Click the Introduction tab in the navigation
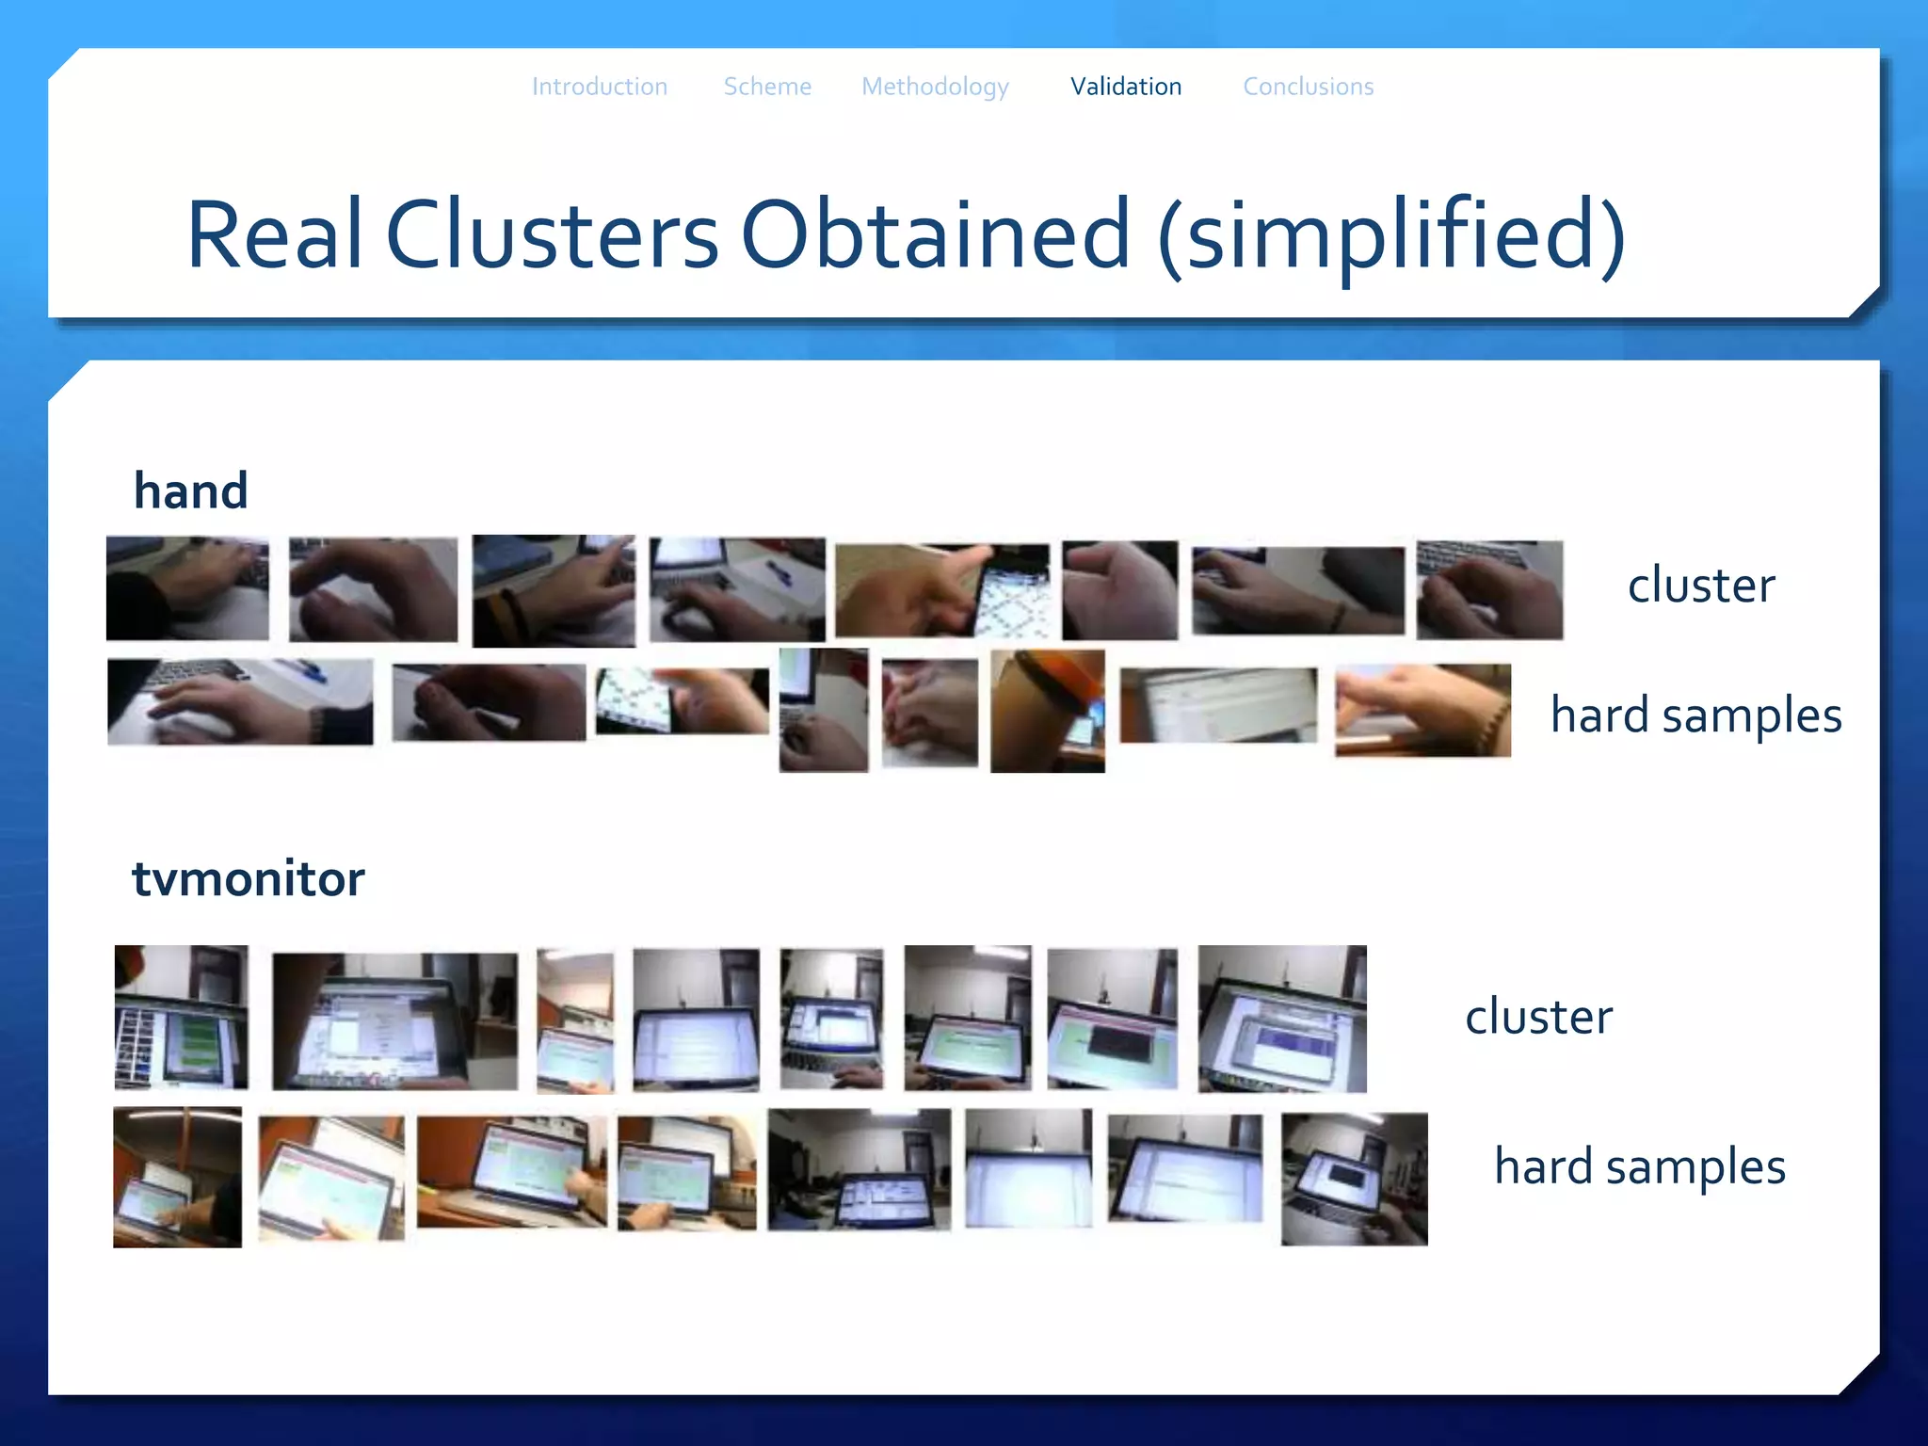[600, 87]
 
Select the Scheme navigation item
[766, 87]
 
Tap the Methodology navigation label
[935, 87]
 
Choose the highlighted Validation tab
[1125, 87]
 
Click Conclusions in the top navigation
[1308, 87]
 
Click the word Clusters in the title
[552, 235]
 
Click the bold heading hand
[191, 491]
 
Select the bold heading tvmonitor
[249, 879]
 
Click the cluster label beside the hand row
[1700, 586]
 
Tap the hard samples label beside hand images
[1695, 715]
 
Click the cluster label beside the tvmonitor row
[1538, 1017]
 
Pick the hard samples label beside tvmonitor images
[1639, 1166]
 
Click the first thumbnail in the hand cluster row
[187, 588]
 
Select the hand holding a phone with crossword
[941, 590]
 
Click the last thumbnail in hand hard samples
[1422, 711]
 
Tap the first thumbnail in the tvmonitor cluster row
[182, 1017]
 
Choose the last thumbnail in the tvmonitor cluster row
[1281, 1019]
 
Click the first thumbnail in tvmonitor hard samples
[177, 1177]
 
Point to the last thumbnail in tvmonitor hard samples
[1354, 1179]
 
